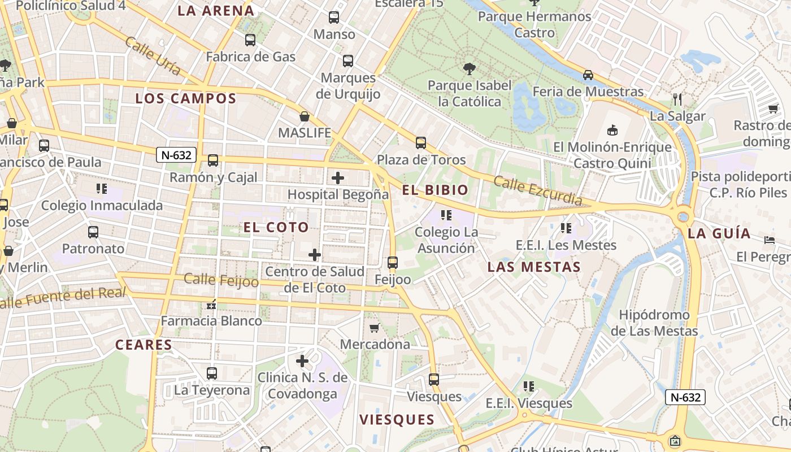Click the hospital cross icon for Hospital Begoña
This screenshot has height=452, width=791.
[338, 179]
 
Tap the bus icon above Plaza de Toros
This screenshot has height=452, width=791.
[421, 143]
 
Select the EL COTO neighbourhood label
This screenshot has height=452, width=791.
[276, 228]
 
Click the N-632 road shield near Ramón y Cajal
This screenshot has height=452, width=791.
[176, 155]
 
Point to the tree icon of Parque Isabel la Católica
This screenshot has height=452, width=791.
[469, 69]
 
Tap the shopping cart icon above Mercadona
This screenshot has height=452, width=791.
[374, 328]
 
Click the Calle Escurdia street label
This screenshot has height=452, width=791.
[537, 191]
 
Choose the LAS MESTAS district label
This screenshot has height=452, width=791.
[534, 267]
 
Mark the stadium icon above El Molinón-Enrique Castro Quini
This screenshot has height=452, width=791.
[612, 131]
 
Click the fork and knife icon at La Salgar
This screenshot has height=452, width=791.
[677, 99]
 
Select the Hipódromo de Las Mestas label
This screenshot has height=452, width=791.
[654, 323]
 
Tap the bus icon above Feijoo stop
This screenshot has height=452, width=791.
[393, 263]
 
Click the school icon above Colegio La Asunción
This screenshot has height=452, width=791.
[446, 215]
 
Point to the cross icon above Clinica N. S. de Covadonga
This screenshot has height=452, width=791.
[302, 360]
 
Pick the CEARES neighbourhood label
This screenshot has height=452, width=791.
[144, 345]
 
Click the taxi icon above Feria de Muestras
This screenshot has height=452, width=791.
[588, 75]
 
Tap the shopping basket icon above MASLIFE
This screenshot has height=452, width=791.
[305, 117]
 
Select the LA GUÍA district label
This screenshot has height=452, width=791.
[719, 233]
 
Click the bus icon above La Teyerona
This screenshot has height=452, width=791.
[212, 373]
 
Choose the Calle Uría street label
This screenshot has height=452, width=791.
[153, 56]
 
